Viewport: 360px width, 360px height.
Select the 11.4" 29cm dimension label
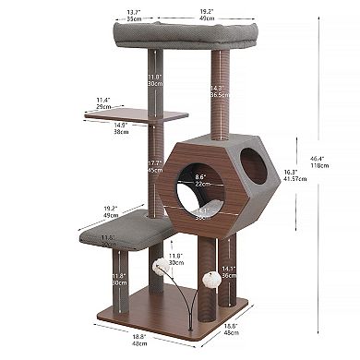coord(103,102)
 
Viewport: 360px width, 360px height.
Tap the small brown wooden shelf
coord(152,114)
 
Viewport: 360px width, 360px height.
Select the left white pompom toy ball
coord(158,263)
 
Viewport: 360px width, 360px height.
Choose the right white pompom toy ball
coord(211,276)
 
